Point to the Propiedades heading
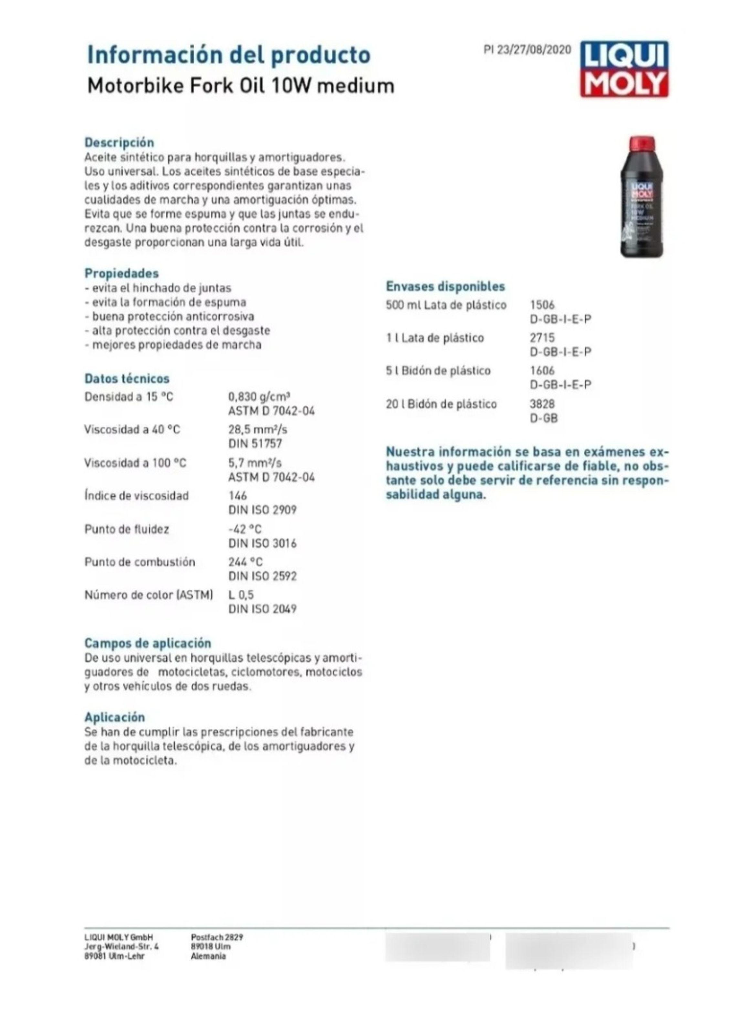click(122, 273)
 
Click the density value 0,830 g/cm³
click(259, 396)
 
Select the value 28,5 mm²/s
click(257, 429)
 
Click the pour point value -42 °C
click(245, 529)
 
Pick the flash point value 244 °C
click(245, 561)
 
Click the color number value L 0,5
click(241, 594)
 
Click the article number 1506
click(542, 305)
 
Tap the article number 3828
click(542, 404)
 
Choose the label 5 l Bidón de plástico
click(438, 371)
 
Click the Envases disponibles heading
click(445, 286)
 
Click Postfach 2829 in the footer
click(217, 937)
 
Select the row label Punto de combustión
click(140, 561)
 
